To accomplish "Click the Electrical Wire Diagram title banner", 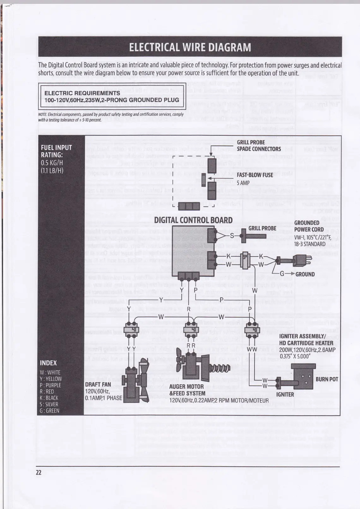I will tap(190, 47).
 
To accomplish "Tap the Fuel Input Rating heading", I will tap(56, 151).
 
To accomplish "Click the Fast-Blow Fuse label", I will tap(255, 175).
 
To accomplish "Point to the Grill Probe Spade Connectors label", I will tap(259, 146).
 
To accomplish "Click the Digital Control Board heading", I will tap(193, 220).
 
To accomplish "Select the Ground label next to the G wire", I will tap(305, 274).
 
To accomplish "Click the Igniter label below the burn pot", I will tap(285, 394).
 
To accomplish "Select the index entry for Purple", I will tap(51, 385).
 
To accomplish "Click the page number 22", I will tap(39, 472).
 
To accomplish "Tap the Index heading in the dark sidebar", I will tap(48, 363).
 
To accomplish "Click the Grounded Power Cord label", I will tap(309, 226).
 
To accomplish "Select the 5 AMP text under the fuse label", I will tap(243, 183).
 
